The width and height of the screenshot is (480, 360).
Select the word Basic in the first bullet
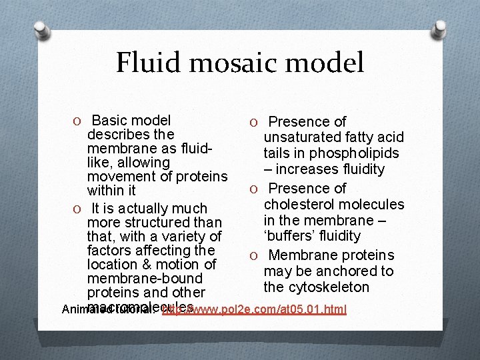point(111,121)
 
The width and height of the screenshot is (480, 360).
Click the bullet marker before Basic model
point(79,121)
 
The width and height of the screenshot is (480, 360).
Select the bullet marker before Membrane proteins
point(254,256)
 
